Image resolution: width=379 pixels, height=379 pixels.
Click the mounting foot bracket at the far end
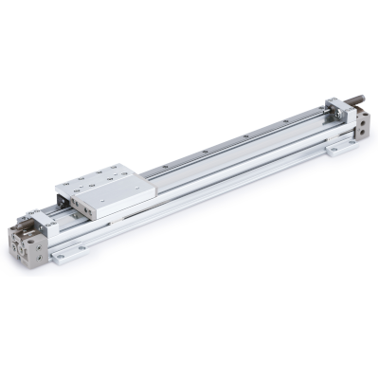pyautogui.click(x=337, y=148)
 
